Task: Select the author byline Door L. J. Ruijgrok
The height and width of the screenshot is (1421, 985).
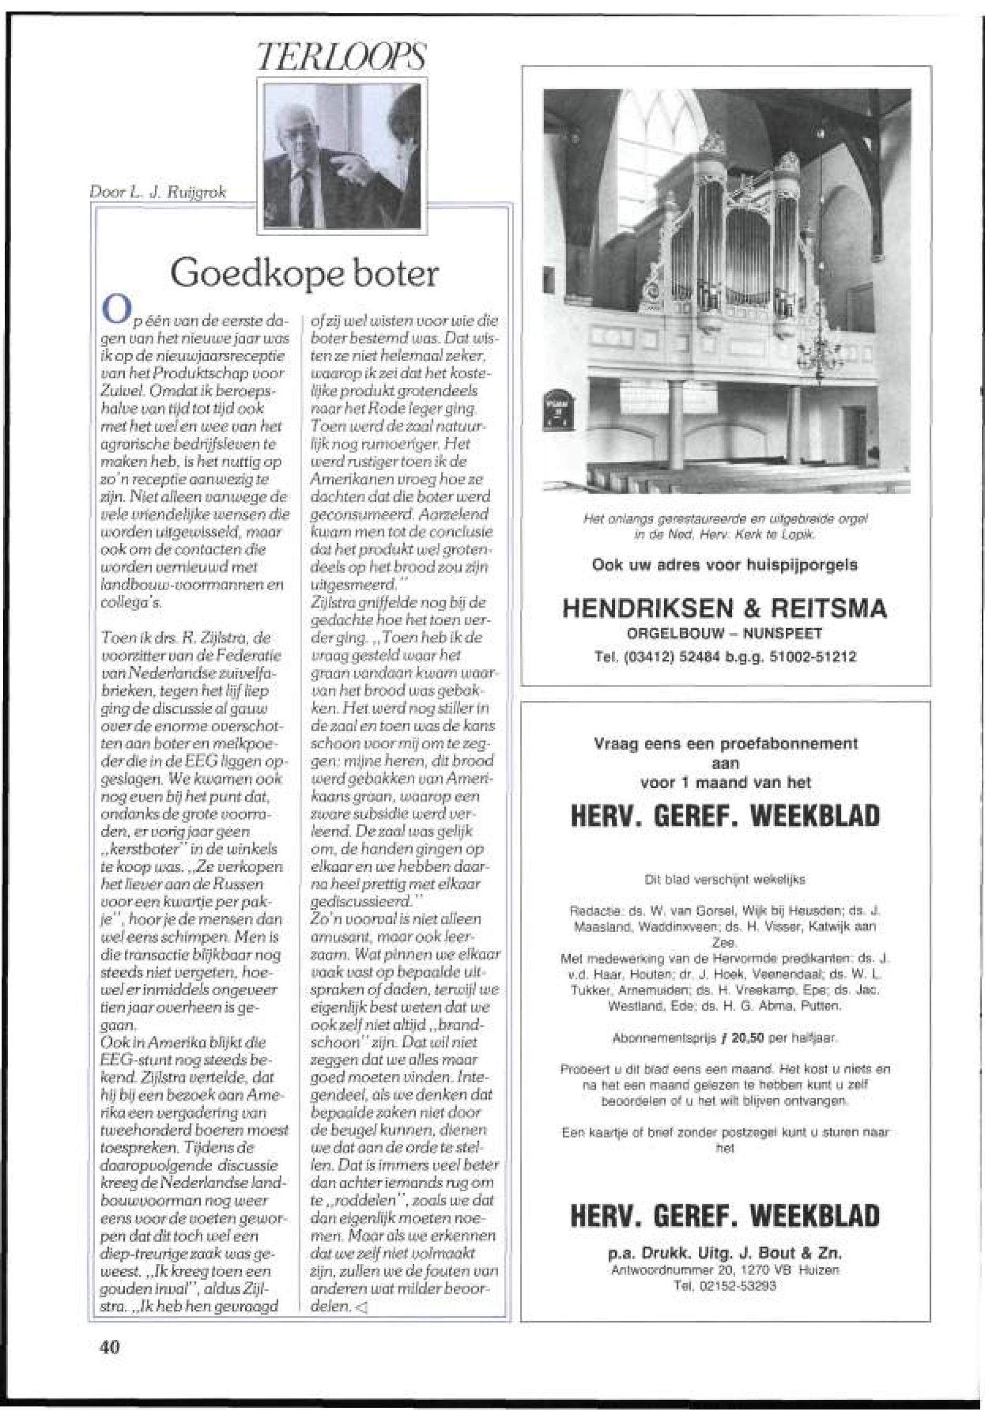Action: click(158, 193)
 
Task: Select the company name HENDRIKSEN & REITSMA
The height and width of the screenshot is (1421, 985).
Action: click(724, 610)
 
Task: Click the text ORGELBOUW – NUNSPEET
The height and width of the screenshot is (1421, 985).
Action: click(724, 634)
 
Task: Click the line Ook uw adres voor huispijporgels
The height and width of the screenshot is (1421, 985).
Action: click(724, 565)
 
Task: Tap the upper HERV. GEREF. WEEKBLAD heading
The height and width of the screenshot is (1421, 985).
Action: click(724, 815)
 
